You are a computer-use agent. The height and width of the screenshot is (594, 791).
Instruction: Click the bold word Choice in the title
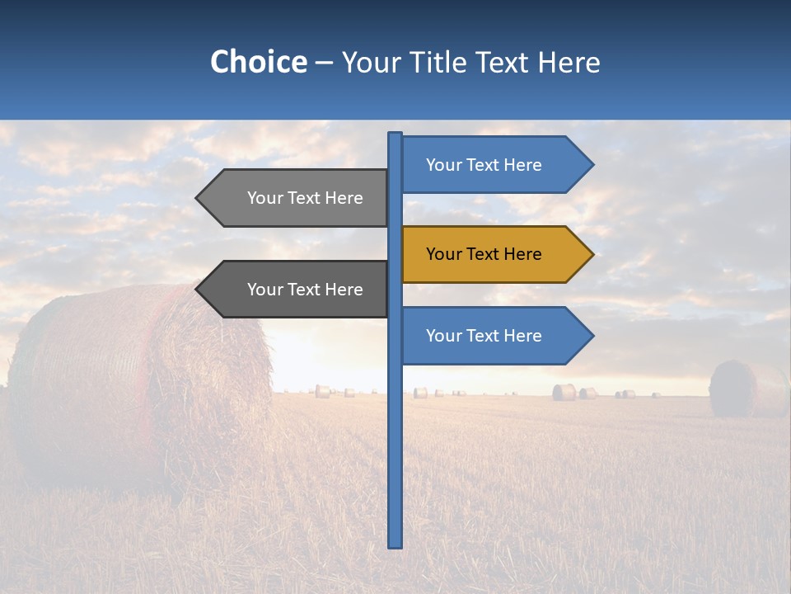click(258, 62)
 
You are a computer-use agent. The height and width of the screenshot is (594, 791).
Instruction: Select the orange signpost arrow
click(494, 254)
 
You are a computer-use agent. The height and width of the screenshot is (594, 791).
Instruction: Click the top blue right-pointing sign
click(494, 165)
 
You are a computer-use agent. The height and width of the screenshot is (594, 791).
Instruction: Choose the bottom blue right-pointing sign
click(494, 336)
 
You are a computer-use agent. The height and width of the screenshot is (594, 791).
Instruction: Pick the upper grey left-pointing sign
click(297, 198)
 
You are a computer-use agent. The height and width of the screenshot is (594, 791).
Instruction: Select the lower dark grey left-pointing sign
click(297, 290)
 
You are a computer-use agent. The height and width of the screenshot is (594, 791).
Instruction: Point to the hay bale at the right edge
click(746, 388)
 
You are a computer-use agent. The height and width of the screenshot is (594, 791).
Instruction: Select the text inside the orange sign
click(484, 254)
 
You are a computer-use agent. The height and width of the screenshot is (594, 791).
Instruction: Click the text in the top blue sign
click(484, 165)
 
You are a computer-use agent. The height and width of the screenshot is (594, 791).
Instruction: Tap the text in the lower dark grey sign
click(305, 290)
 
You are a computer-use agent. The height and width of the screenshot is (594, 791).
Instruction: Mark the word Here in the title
click(569, 62)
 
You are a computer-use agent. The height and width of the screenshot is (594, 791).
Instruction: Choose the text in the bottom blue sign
click(484, 336)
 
